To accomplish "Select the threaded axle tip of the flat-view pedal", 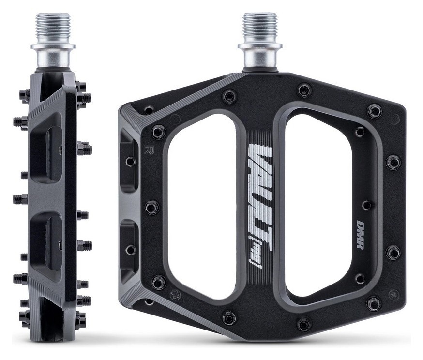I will coord(259,27).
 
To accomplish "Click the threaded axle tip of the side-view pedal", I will coord(53,27).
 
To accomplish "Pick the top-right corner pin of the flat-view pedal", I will coord(374,111).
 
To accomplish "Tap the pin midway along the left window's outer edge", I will coord(151,208).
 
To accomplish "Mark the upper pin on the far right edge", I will coord(393,162).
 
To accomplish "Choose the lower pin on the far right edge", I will coord(393,252).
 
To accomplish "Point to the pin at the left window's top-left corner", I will coord(158,131).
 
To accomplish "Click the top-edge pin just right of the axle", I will coord(304,90).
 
